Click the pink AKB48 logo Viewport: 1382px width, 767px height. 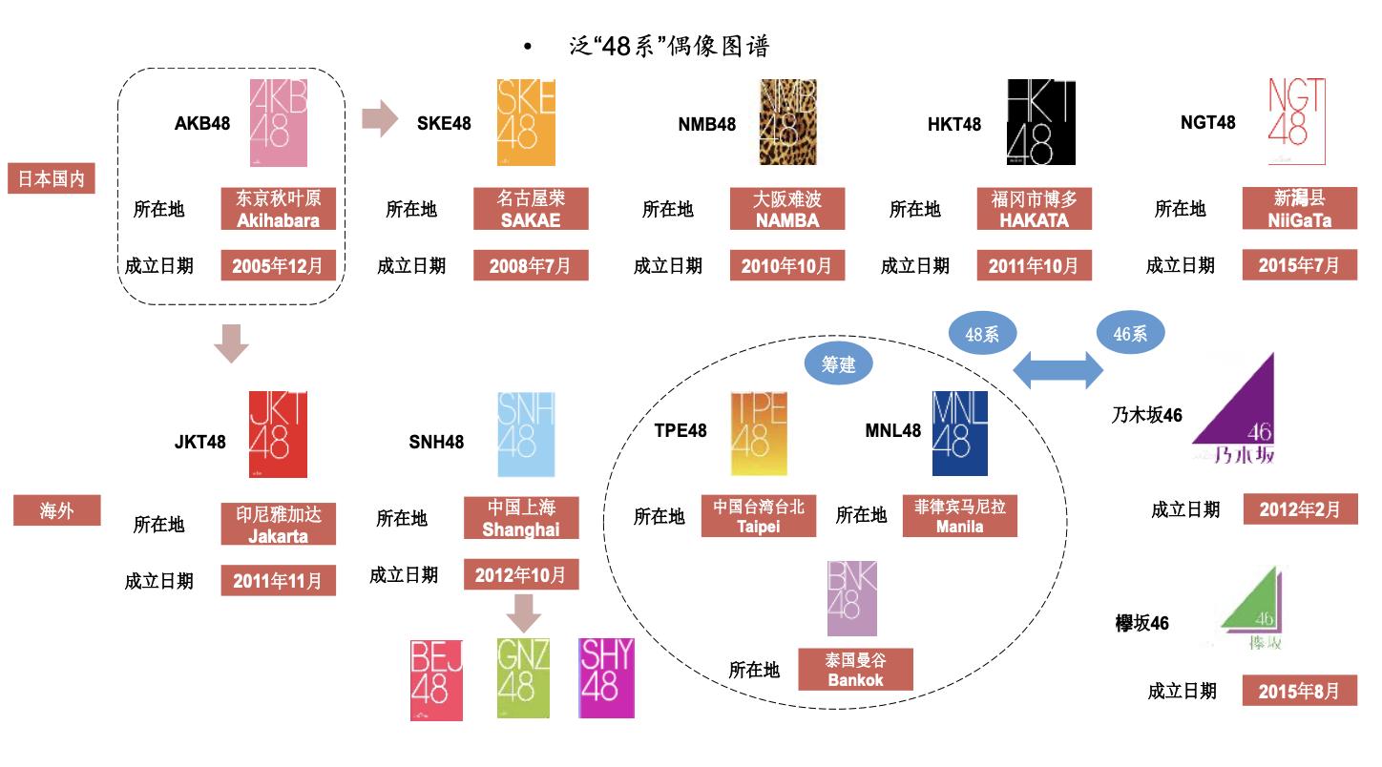coord(279,123)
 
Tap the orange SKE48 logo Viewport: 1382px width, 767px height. coord(526,123)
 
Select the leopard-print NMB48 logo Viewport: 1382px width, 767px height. coord(788,122)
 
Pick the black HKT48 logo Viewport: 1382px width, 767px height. coord(1041,122)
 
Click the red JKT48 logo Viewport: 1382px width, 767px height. coord(278,434)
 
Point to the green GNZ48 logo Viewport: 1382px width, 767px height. coord(523,677)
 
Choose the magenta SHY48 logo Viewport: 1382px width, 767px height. coord(606,677)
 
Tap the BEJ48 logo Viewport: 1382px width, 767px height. coord(436,679)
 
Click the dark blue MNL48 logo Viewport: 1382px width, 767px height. coord(960,433)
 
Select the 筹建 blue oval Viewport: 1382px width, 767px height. coord(839,363)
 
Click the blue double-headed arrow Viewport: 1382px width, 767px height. coord(1057,368)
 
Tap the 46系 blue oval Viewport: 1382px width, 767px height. coord(1131,334)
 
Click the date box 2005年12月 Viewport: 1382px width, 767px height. coord(279,265)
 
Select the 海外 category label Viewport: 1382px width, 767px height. coord(56,511)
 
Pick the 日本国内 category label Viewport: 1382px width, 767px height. coord(52,178)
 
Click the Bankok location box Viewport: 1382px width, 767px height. coord(855,670)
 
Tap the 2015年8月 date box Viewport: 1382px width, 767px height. coord(1299,691)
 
